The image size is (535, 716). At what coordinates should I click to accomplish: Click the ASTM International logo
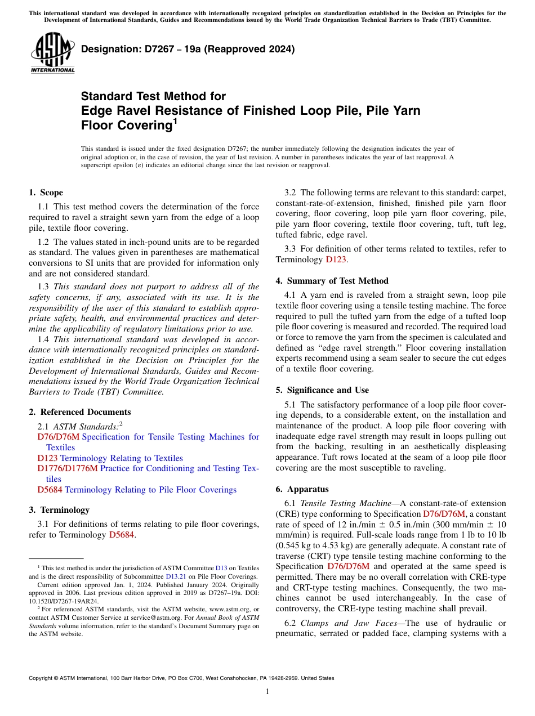pos(52,53)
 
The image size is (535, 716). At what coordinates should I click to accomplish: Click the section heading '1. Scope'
pos(46,193)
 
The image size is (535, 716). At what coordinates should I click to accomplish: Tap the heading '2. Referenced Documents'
pos(79,412)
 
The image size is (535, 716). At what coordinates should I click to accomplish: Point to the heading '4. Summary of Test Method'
pos(332,281)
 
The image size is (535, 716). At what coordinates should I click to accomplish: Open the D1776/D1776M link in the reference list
pos(68,468)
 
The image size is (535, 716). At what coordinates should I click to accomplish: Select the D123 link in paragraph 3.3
pos(333,259)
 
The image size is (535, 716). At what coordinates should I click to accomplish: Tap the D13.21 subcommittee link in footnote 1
pos(175,576)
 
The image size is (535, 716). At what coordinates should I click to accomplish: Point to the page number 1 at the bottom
pos(267,692)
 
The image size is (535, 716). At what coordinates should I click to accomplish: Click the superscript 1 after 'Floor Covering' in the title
pos(175,120)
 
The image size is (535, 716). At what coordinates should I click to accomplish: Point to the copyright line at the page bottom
pos(181,678)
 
